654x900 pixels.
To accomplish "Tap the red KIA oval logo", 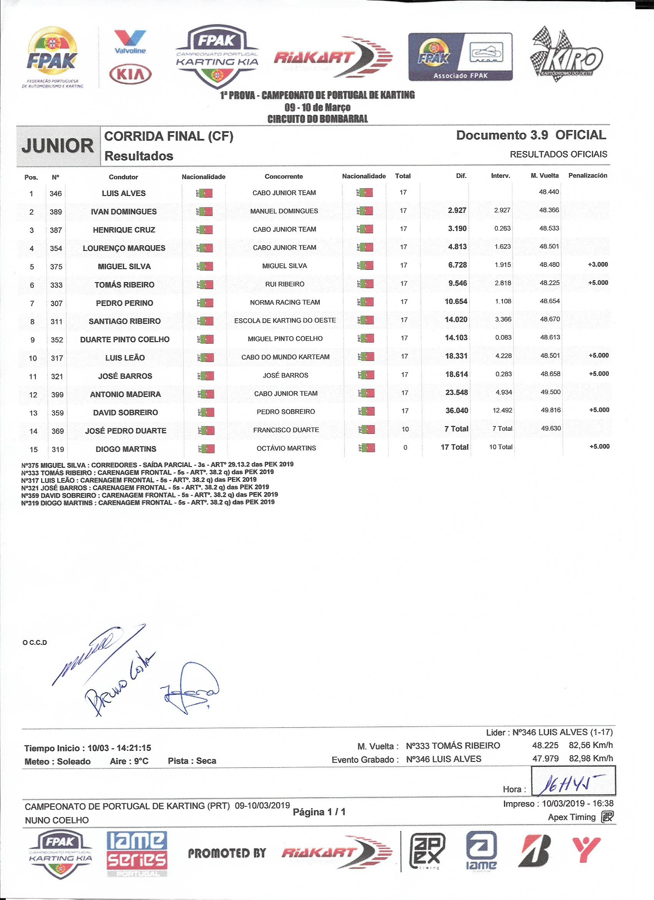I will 130,74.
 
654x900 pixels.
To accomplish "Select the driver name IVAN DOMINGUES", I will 124,211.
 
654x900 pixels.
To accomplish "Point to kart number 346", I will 55,194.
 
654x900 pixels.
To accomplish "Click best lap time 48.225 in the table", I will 549,283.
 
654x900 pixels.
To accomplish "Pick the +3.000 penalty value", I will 598,265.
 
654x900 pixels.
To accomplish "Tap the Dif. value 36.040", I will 457,410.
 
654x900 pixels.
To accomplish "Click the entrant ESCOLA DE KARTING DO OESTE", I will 285,320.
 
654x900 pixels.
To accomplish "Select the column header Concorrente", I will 284,177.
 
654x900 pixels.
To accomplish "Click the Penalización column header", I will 587,176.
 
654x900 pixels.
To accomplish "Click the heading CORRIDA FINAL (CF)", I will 169,136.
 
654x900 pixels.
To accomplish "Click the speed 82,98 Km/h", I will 591,758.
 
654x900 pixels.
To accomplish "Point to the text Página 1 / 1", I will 319,812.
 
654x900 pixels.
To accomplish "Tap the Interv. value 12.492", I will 502,410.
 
